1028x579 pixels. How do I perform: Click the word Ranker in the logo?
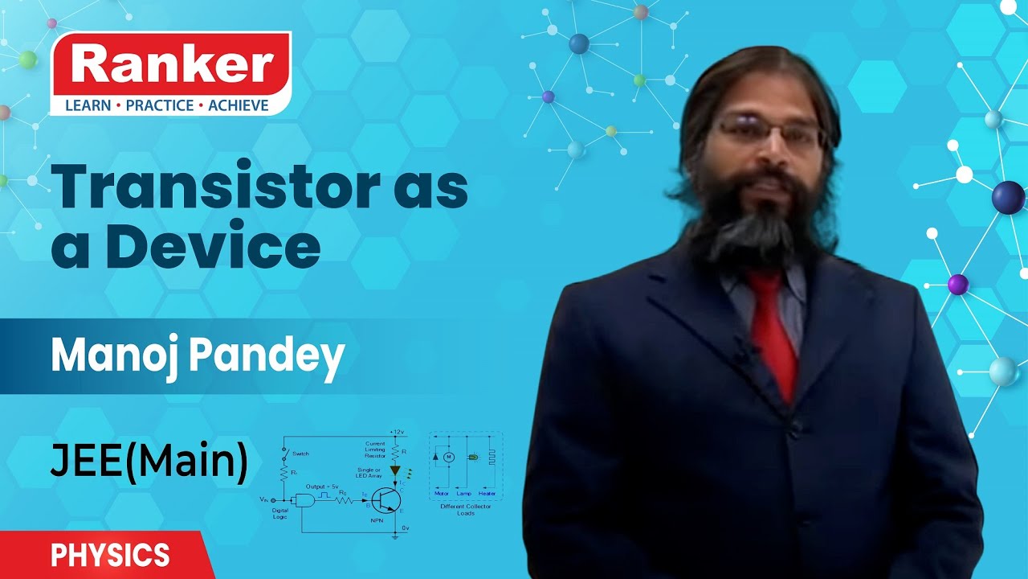(170, 66)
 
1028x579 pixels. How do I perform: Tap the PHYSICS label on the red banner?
(110, 555)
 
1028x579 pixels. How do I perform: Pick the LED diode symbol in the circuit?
(394, 470)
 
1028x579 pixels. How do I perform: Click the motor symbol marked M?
(450, 457)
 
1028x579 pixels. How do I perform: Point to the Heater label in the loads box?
(487, 493)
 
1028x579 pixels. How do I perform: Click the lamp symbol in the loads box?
(472, 458)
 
